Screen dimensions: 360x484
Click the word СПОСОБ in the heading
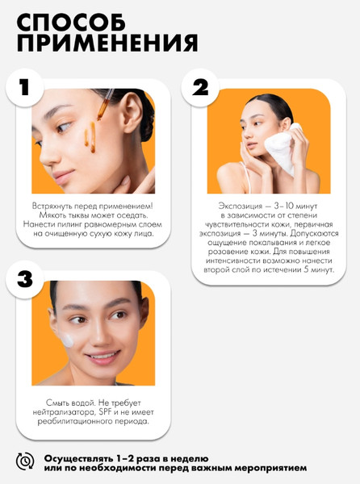point(71,23)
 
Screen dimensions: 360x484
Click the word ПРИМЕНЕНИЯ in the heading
point(107,43)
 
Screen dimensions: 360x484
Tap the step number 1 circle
point(25,88)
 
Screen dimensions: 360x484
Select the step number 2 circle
point(200,88)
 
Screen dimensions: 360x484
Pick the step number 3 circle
point(25,280)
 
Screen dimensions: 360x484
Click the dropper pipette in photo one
point(105,104)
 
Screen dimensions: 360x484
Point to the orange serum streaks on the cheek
point(90,138)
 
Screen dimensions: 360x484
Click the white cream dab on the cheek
point(66,340)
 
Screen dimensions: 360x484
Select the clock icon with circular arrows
point(25,461)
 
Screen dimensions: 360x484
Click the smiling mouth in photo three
point(103,357)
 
